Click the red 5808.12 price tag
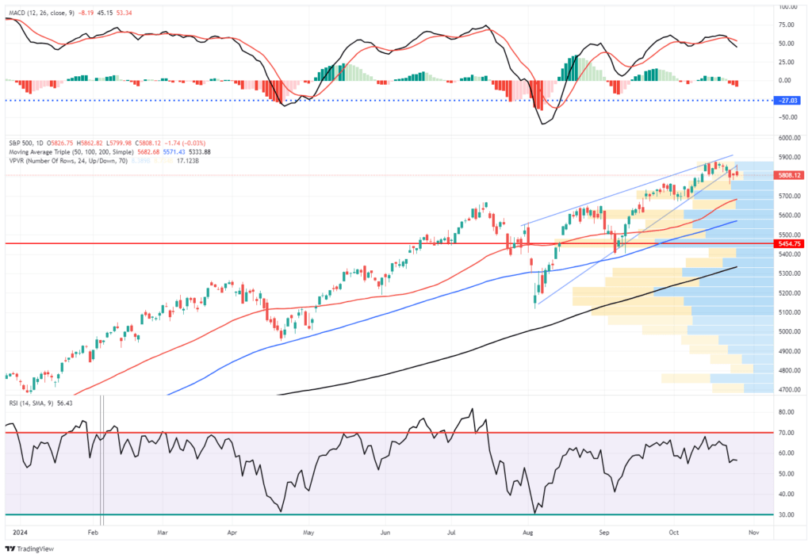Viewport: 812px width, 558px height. tap(790, 174)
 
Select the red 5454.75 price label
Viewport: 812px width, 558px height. tap(790, 244)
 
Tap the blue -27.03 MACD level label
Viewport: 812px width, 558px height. tap(790, 101)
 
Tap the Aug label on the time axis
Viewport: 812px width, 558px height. tap(528, 533)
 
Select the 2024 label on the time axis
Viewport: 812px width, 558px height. tap(15, 533)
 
